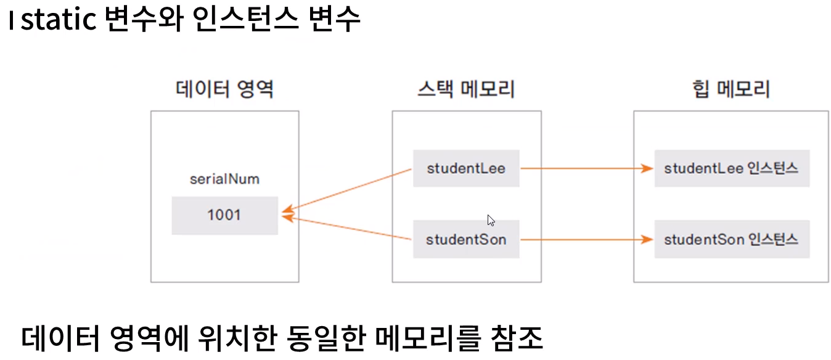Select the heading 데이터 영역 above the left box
(224, 90)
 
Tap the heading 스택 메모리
(466, 90)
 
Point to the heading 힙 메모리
(731, 90)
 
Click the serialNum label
(224, 179)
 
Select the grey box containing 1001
(224, 215)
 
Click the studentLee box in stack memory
(466, 168)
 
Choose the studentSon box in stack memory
(466, 239)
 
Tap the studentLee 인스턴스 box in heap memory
(731, 168)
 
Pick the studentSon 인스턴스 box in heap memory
(731, 239)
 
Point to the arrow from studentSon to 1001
(348, 227)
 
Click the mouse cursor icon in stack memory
(491, 220)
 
